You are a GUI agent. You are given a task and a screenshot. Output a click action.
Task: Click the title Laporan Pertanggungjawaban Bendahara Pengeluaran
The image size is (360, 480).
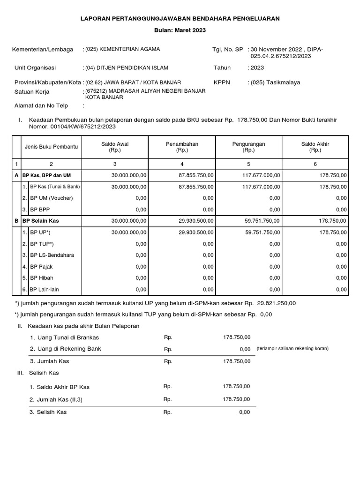180,18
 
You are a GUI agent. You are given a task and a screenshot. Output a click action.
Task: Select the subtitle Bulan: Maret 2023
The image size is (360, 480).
180,30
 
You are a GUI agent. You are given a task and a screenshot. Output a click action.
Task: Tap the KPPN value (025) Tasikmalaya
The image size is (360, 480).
276,82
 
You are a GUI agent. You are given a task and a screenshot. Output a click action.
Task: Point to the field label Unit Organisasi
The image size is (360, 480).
35,68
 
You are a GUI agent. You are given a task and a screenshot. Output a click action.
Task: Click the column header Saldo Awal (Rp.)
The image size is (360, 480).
115,147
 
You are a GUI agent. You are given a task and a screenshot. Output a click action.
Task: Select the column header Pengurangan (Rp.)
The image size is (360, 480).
248,147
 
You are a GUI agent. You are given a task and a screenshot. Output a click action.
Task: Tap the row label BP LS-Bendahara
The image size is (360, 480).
52,255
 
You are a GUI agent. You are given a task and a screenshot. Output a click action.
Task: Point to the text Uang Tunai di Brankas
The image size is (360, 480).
64,337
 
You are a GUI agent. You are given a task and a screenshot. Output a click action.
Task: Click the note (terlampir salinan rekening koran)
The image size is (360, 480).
292,349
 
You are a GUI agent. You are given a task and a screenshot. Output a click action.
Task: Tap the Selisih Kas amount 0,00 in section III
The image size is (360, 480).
244,412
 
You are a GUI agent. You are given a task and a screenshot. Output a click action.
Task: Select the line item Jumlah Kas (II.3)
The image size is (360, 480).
59,399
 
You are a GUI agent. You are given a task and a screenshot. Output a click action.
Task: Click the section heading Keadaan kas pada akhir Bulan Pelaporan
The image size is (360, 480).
83,326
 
